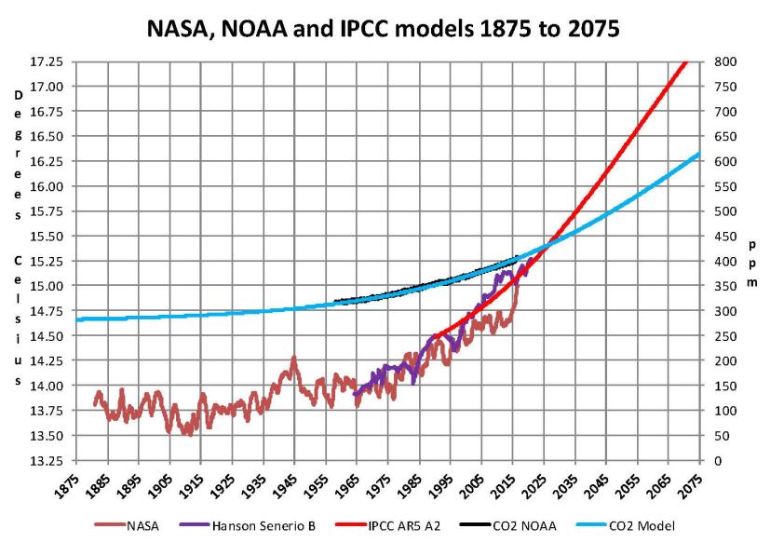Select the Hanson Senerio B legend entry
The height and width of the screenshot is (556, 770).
(x=270, y=526)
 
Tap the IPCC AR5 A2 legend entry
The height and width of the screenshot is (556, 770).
(x=415, y=526)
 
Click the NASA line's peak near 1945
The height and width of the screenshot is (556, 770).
(x=294, y=358)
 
